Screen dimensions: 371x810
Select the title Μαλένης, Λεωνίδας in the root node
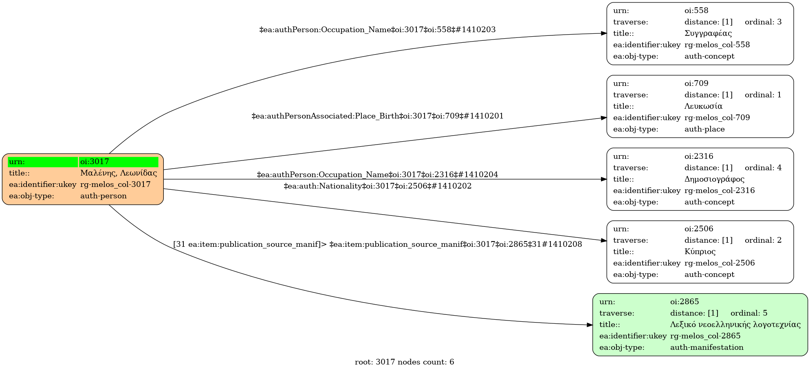click(118, 173)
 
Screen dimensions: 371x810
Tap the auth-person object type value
click(103, 196)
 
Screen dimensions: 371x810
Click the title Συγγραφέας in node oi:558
click(708, 33)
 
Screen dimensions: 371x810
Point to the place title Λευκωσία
click(703, 106)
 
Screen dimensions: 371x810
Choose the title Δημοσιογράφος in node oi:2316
click(714, 179)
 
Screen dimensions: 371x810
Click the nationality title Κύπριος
click(700, 252)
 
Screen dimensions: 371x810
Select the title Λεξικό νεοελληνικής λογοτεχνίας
click(735, 325)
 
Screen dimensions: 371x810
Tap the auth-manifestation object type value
click(707, 347)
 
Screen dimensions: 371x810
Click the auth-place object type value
click(704, 129)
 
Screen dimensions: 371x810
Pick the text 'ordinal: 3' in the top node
click(763, 22)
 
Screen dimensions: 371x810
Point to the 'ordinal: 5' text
click(748, 313)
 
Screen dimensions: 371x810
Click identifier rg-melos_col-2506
click(719, 263)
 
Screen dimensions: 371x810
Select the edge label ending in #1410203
click(377, 30)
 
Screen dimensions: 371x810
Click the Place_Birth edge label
click(377, 116)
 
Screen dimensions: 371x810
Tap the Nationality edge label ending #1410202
click(377, 186)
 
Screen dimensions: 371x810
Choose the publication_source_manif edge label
click(377, 244)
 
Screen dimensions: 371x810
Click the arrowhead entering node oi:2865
click(590, 325)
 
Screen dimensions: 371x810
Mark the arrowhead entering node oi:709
click(604, 118)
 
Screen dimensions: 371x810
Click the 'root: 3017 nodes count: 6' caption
click(404, 362)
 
